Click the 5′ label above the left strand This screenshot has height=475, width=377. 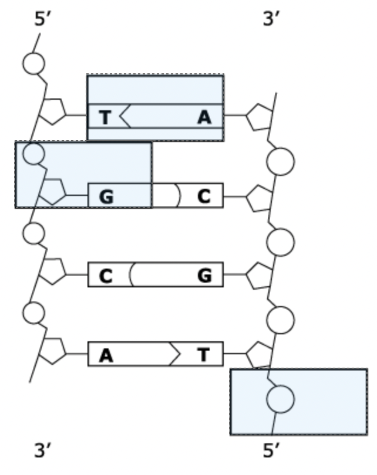pos(43,19)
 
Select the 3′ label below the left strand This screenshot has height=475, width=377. pos(43,450)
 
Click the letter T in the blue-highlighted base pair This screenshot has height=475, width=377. pos(105,117)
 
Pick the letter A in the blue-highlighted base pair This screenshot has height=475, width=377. pos(204,117)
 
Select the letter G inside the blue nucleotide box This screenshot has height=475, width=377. pos(106,196)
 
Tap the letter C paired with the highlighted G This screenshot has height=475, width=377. pos(204,196)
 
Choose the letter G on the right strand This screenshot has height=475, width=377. pos(204,275)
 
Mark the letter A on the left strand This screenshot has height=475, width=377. pos(106,355)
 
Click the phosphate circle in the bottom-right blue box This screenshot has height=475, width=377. pos(280,400)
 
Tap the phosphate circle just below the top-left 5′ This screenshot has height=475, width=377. pos(33,63)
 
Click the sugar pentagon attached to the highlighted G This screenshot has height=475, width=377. pos(53,191)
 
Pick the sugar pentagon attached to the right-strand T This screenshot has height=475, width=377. pos(259,355)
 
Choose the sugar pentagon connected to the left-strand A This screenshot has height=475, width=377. pos(53,350)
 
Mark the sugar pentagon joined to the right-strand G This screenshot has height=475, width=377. pos(259,276)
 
